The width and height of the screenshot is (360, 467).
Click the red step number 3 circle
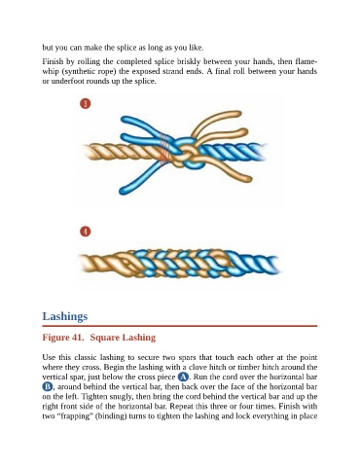(86, 104)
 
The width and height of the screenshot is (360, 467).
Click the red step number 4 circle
(86, 232)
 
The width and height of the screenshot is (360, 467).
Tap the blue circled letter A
(183, 377)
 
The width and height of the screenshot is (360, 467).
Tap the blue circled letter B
(48, 386)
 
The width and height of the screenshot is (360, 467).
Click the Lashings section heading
(65, 316)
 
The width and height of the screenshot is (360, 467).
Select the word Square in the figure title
(104, 338)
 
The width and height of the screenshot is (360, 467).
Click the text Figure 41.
(63, 338)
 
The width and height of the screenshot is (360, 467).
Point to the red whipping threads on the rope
(165, 150)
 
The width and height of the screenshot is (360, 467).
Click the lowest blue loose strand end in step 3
(123, 191)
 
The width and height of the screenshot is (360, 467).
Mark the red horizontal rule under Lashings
(180, 326)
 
